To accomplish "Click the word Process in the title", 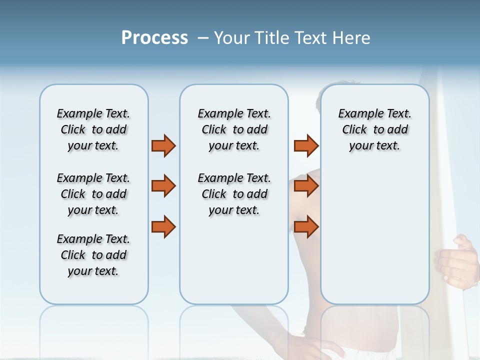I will (154, 37).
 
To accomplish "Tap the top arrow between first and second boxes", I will (163, 145).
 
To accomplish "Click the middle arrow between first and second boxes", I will (163, 186).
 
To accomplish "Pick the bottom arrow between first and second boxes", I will (163, 227).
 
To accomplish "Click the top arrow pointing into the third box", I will (306, 145).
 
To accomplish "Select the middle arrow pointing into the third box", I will (306, 186).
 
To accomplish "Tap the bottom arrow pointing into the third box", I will (306, 227).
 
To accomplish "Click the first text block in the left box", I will (93, 129).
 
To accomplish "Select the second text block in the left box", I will (93, 194).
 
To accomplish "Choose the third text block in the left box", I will (93, 255).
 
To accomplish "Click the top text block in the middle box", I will (234, 129).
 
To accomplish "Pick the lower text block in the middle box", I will (234, 194).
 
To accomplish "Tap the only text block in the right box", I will (375, 129).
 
